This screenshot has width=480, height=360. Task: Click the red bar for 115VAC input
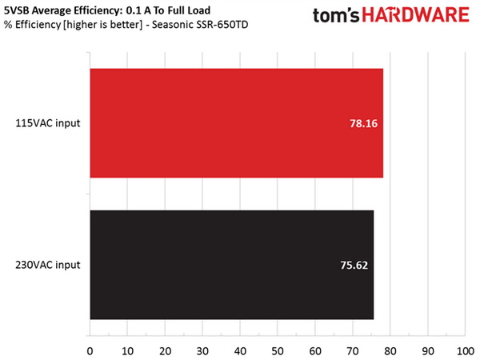pos(236,123)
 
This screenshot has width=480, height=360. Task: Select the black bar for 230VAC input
pos(231,265)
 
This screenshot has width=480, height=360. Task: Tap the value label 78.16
pos(360,124)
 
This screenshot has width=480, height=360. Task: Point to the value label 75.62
pos(350,265)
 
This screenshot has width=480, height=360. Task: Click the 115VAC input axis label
pos(47,124)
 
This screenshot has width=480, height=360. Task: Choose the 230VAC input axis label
pos(47,265)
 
